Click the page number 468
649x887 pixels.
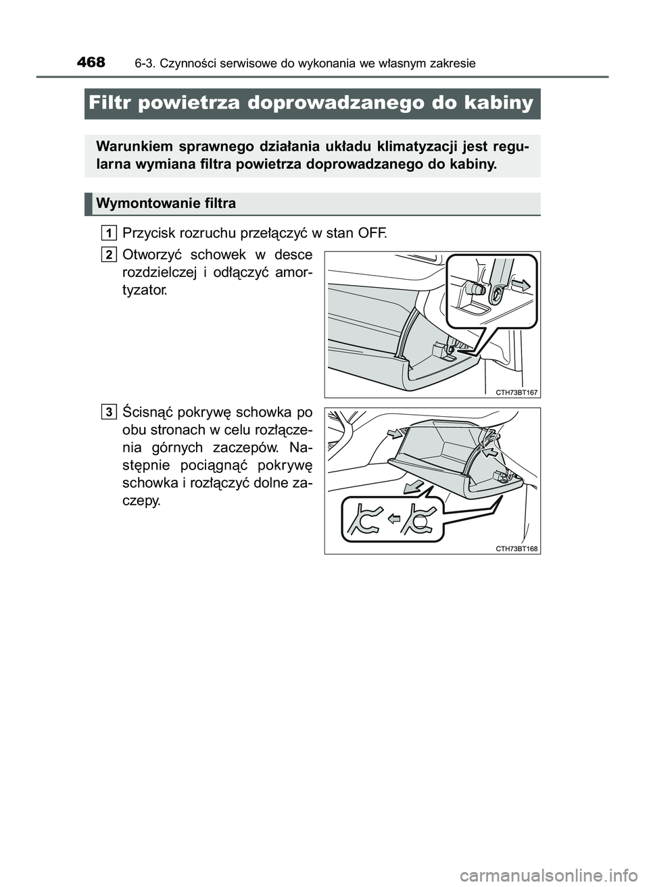point(91,63)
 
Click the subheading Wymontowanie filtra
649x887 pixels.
point(166,203)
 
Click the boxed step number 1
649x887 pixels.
point(110,233)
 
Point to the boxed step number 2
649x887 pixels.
point(110,255)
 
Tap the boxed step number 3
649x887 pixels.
point(110,411)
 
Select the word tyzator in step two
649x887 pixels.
point(142,290)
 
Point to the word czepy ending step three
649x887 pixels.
point(141,501)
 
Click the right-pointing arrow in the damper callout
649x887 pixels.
point(522,284)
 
